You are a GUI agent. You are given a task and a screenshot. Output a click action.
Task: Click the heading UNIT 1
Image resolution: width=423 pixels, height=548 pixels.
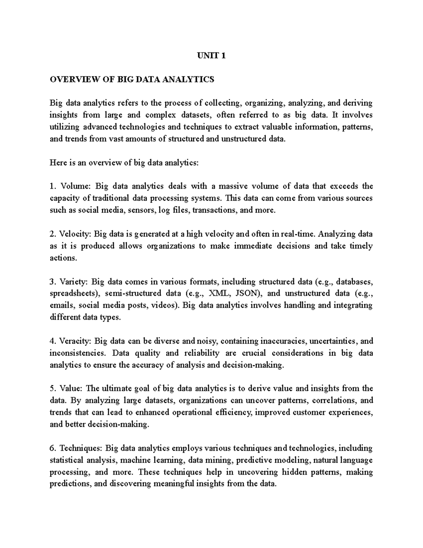coord(211,56)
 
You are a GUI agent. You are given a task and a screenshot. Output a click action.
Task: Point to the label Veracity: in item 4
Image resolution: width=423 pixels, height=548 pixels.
coord(76,341)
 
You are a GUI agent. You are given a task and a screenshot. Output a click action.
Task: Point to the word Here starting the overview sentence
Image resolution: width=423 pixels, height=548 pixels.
coord(57,163)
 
